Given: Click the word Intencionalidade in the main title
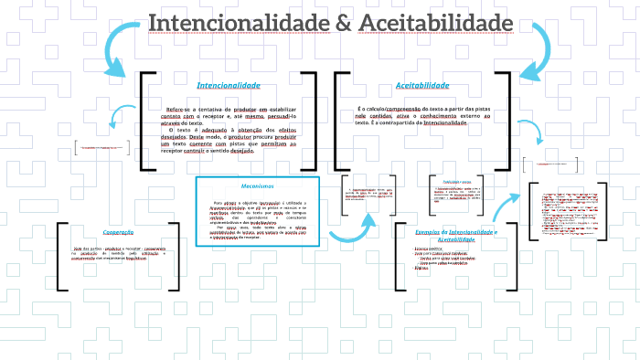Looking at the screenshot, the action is [x=233, y=21].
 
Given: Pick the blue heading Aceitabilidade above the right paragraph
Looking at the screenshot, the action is [x=421, y=85].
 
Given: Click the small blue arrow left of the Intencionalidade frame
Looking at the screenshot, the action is [x=117, y=116].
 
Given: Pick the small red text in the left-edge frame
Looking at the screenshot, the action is [x=99, y=147].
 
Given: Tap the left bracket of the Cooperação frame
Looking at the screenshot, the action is [x=60, y=256].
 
